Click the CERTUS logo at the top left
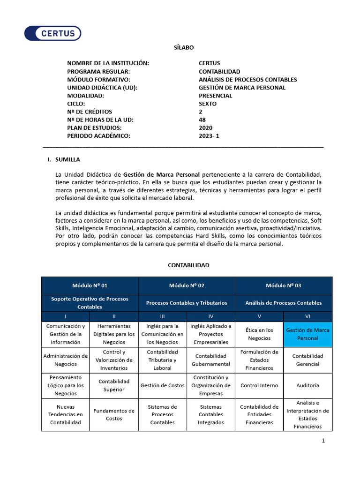point(52,33)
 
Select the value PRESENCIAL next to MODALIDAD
point(215,96)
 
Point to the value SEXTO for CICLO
point(208,104)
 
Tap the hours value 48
point(202,120)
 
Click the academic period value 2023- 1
point(209,136)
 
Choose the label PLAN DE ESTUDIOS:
point(94,128)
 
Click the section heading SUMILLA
point(67,159)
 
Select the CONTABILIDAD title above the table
point(188,265)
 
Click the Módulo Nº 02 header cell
point(187,285)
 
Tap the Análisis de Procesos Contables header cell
point(283,303)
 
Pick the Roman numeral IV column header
point(210,316)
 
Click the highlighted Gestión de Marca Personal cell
point(307,334)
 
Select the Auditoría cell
point(307,385)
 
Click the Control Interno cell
point(259,385)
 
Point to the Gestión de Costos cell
point(162,385)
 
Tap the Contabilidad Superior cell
point(114,385)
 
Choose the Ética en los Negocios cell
point(259,334)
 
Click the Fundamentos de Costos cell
point(114,415)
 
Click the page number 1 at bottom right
point(323,441)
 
